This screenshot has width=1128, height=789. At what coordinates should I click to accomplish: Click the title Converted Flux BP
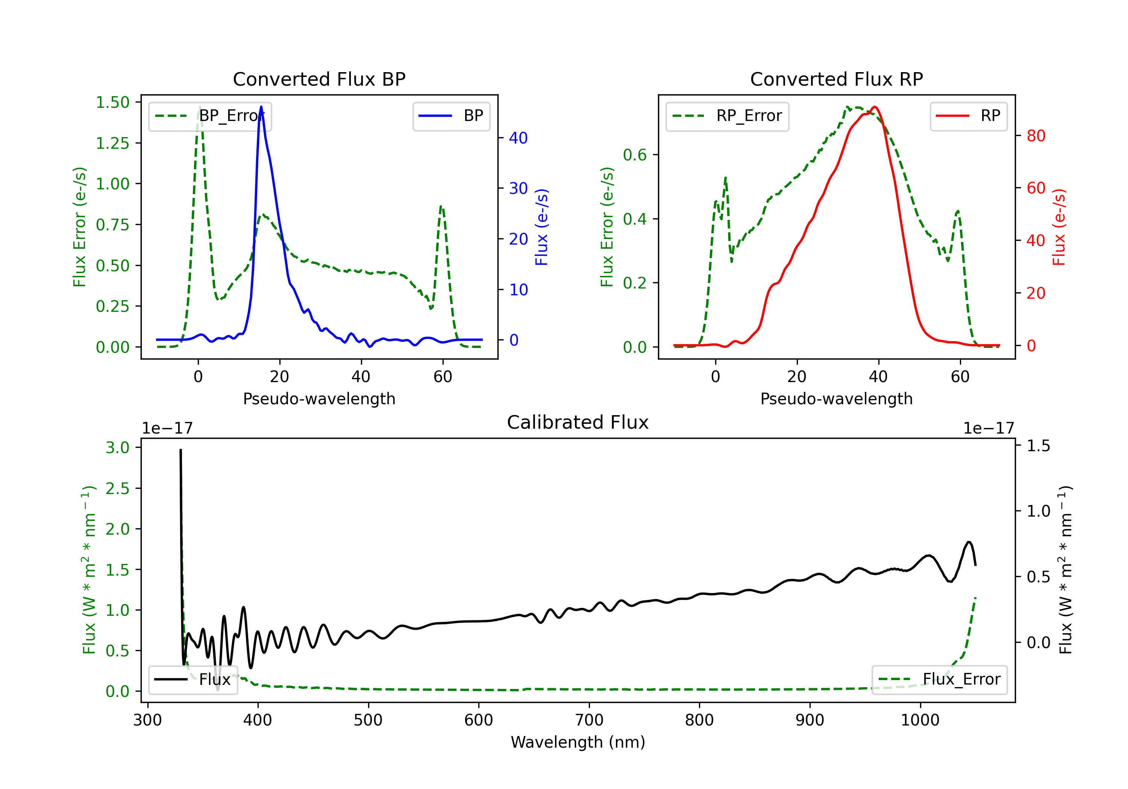click(319, 79)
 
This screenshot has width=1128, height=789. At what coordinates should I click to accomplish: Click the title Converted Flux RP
click(836, 79)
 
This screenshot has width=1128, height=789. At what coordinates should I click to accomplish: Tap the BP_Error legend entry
click(210, 116)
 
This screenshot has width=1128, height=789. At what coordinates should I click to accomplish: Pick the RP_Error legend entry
click(727, 116)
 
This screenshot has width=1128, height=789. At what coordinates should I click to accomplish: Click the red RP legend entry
click(968, 116)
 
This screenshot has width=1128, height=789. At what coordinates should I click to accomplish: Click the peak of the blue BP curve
click(261, 107)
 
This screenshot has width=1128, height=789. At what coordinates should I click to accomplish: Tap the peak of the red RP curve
click(875, 107)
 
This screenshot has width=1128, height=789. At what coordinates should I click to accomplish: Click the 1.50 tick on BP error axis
click(112, 102)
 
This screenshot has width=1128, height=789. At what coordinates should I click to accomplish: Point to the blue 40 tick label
click(518, 138)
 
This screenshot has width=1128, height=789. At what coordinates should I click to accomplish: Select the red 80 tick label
click(1036, 136)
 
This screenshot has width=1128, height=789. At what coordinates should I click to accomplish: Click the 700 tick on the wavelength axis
click(589, 720)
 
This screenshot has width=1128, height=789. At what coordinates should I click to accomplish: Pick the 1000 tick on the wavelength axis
click(920, 720)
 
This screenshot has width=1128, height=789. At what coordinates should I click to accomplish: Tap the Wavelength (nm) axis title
click(578, 742)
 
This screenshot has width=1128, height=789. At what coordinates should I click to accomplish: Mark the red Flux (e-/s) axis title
click(1059, 227)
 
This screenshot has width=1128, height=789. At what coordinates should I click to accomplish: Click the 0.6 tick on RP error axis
click(635, 155)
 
